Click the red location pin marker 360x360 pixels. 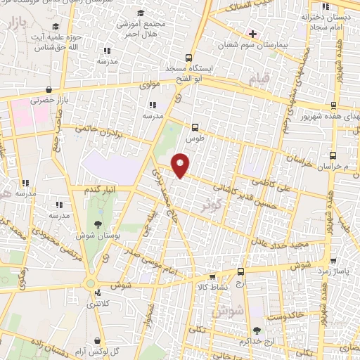pos(181,165)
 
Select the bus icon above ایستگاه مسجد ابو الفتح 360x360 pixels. pos(188,58)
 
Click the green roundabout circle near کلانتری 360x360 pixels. pos(91,283)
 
